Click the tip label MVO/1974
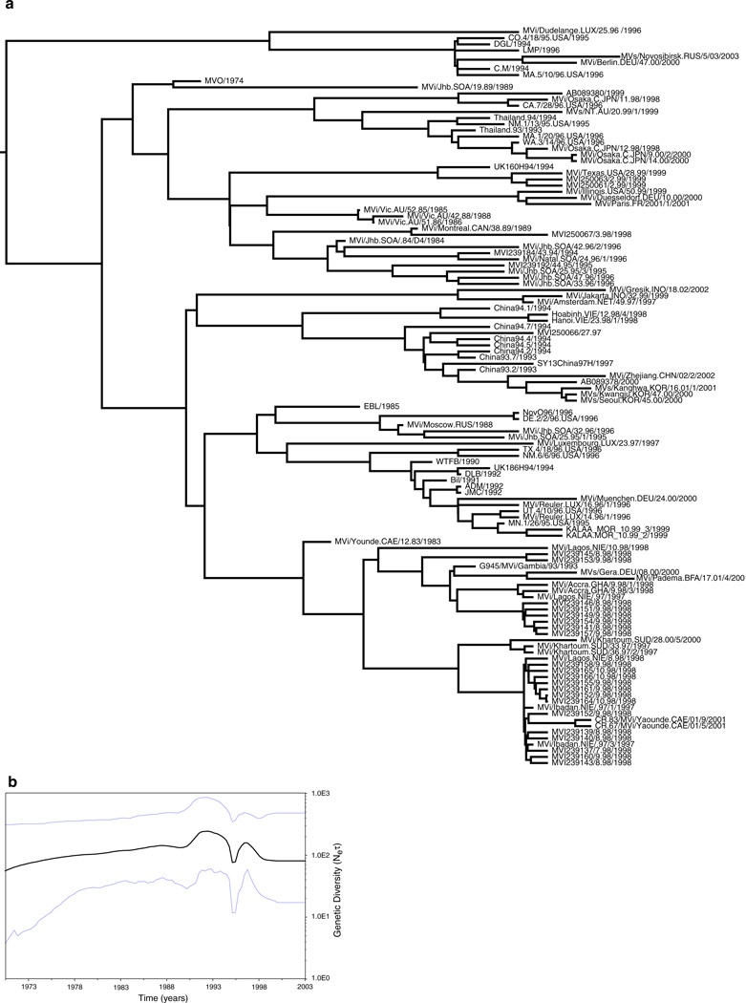coord(225,81)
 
